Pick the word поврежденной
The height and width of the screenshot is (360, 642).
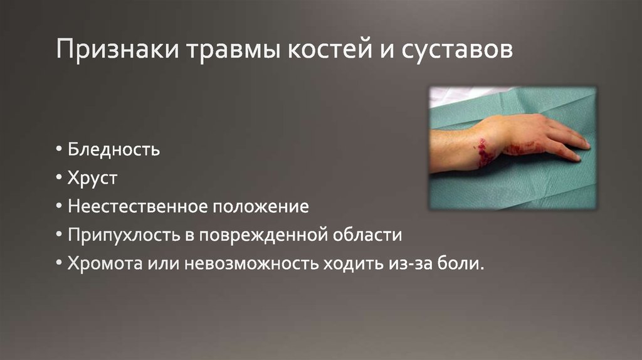click(x=263, y=235)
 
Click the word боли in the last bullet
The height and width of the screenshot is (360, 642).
click(x=463, y=264)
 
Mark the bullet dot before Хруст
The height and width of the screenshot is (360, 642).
click(x=58, y=179)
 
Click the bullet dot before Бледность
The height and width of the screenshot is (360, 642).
click(x=58, y=151)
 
